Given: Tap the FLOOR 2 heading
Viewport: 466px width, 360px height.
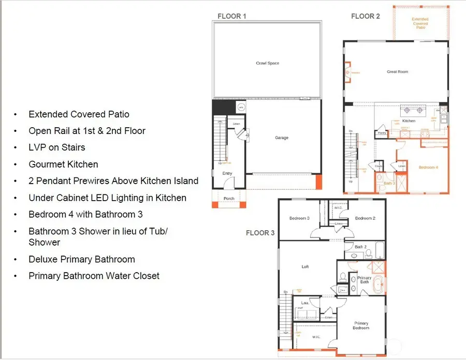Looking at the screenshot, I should point(366,16).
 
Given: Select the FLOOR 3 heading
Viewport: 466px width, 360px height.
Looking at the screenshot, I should point(260,233).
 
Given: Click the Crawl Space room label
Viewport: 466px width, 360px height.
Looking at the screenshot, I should point(268,63).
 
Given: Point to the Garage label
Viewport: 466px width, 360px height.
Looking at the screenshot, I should point(282,138).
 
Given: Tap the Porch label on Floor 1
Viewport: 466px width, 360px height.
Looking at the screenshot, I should point(229,199).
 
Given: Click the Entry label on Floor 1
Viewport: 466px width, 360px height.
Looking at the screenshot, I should point(227,173).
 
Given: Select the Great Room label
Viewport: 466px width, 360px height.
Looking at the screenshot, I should point(398,72).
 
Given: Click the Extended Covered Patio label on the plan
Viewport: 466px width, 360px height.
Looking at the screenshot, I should point(420,23).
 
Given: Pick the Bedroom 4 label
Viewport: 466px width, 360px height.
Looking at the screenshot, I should point(428,168).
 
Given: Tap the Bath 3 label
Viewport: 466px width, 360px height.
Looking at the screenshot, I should point(389,183).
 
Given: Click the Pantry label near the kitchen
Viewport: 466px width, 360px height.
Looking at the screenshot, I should point(383,133).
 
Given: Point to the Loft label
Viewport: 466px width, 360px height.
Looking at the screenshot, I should point(305,267).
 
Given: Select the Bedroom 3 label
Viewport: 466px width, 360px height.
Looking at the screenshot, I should point(299,218).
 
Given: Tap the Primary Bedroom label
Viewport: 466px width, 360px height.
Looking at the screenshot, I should point(361,325).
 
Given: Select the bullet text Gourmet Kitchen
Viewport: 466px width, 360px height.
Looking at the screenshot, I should point(63,164).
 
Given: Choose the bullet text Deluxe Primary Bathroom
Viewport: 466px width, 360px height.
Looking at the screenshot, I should point(82,259).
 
